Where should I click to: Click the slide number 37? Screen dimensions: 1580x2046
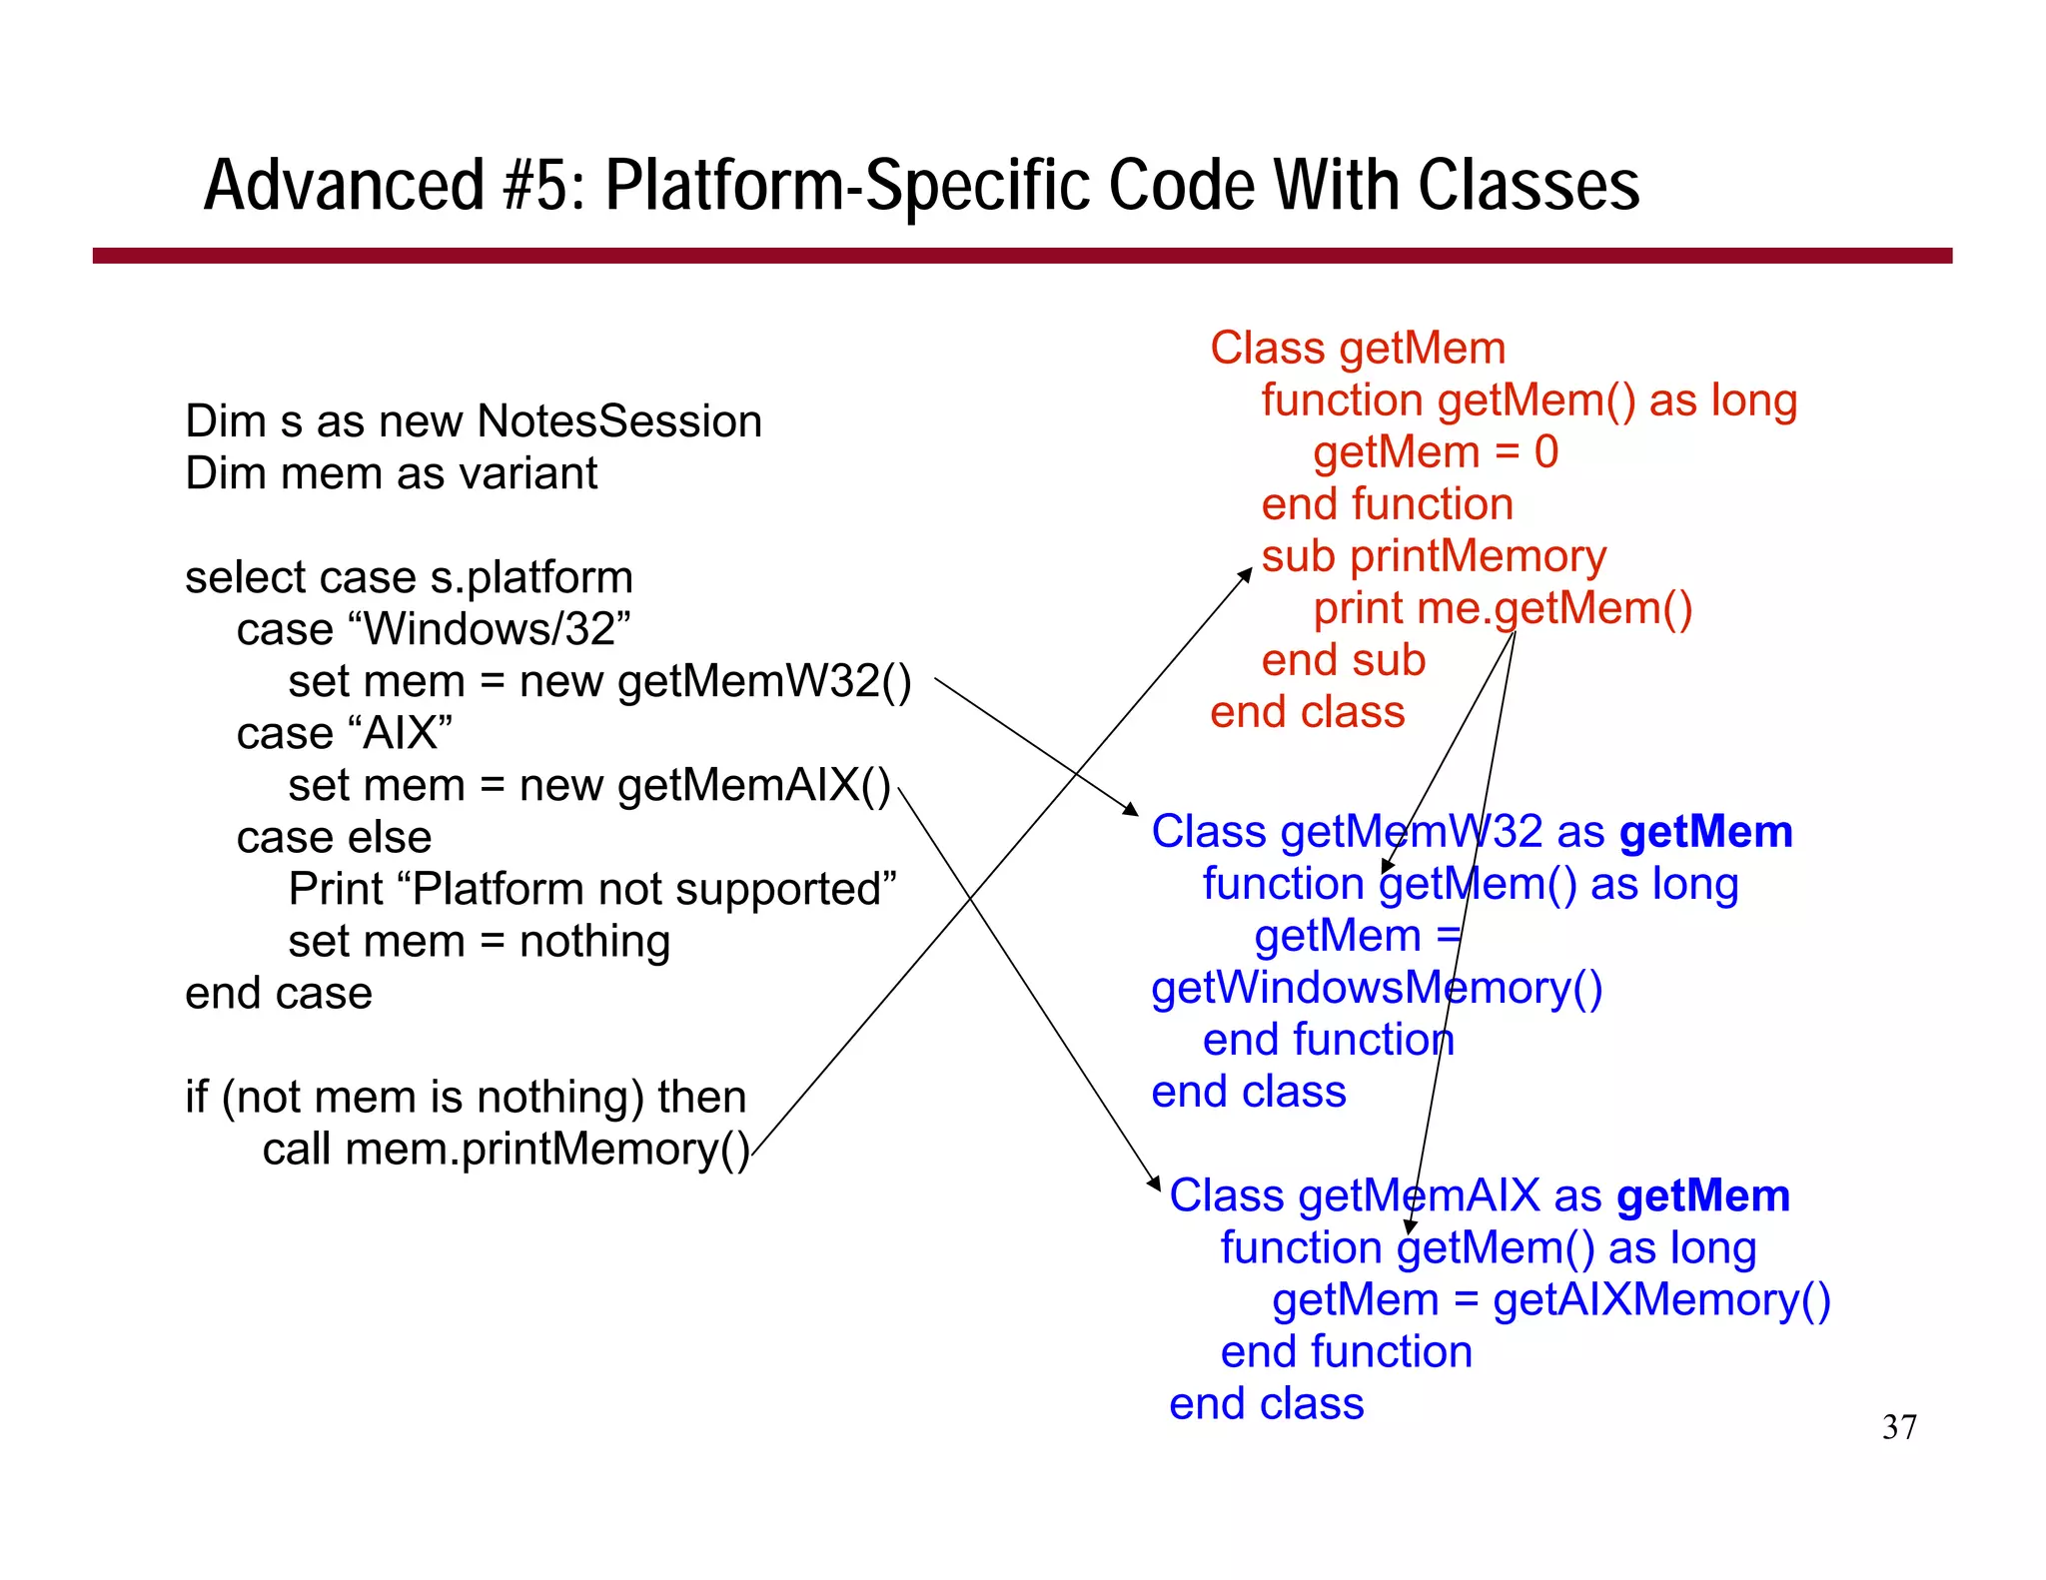tap(1898, 1427)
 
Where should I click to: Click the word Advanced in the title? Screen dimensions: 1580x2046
tap(344, 186)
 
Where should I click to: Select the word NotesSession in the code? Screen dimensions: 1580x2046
tap(619, 421)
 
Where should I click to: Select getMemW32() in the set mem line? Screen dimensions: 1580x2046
tap(764, 681)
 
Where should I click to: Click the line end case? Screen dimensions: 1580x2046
tap(279, 993)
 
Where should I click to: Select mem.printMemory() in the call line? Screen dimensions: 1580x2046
tap(547, 1149)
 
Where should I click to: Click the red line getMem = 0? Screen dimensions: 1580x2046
tap(1435, 451)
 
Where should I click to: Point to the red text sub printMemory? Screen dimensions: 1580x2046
tap(1434, 556)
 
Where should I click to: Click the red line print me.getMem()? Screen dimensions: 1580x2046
tap(1502, 608)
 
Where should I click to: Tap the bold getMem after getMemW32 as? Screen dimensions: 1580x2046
tap(1705, 832)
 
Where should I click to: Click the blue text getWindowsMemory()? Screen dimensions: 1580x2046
tap(1376, 988)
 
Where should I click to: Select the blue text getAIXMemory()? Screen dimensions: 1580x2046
tap(1660, 1299)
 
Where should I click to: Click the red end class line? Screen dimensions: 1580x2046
tap(1307, 712)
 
